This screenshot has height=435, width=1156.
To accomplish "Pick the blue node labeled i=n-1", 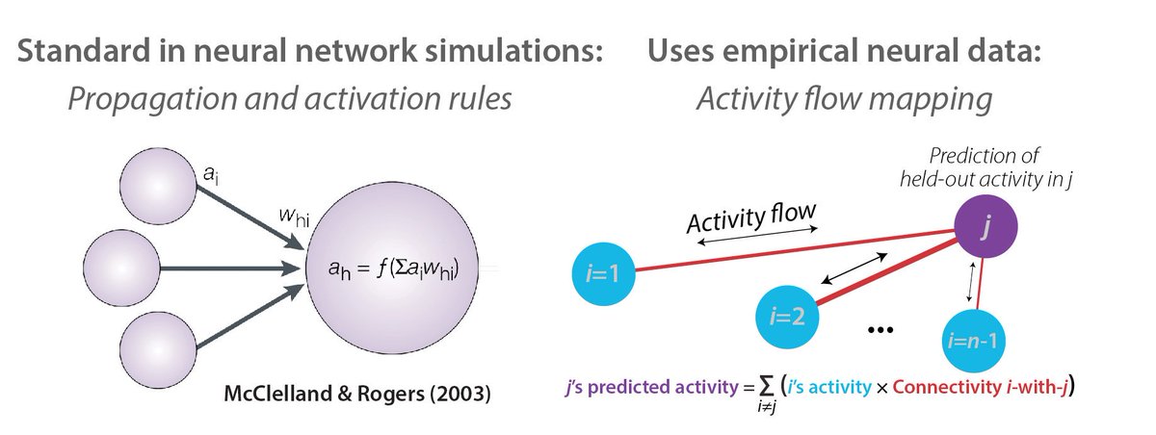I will click(972, 339).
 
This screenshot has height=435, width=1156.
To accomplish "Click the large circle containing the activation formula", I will click(396, 271).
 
